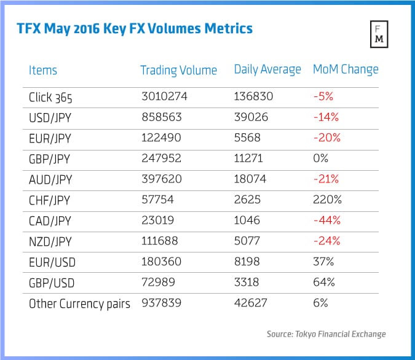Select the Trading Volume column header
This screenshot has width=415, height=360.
click(x=178, y=70)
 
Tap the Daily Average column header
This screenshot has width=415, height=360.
click(x=267, y=69)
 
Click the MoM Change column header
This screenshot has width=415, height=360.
click(x=346, y=69)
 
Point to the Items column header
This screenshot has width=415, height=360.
click(x=43, y=70)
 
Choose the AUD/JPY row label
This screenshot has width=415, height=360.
click(x=50, y=179)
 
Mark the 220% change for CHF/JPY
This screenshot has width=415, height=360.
click(x=325, y=200)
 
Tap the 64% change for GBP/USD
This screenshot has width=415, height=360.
click(x=323, y=283)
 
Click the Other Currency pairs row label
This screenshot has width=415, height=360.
click(x=79, y=303)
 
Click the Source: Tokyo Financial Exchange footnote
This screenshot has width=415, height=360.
click(x=326, y=334)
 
